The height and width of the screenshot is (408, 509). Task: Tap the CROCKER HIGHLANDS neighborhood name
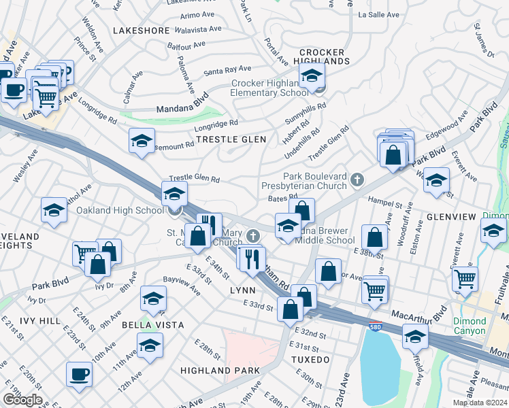[x=325, y=56]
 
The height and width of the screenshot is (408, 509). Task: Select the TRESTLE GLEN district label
[x=231, y=139]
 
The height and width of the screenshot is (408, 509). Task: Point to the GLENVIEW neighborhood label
[x=450, y=216]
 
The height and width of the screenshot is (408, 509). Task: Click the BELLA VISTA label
[x=152, y=325]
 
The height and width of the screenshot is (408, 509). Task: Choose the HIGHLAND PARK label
[x=220, y=370]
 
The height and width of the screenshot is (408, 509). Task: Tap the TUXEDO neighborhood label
[x=310, y=358]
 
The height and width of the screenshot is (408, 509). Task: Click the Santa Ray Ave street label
[x=227, y=69]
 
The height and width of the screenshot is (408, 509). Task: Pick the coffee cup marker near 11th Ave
[x=79, y=373]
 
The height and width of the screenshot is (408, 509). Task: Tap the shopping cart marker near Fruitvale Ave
[x=465, y=277]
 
